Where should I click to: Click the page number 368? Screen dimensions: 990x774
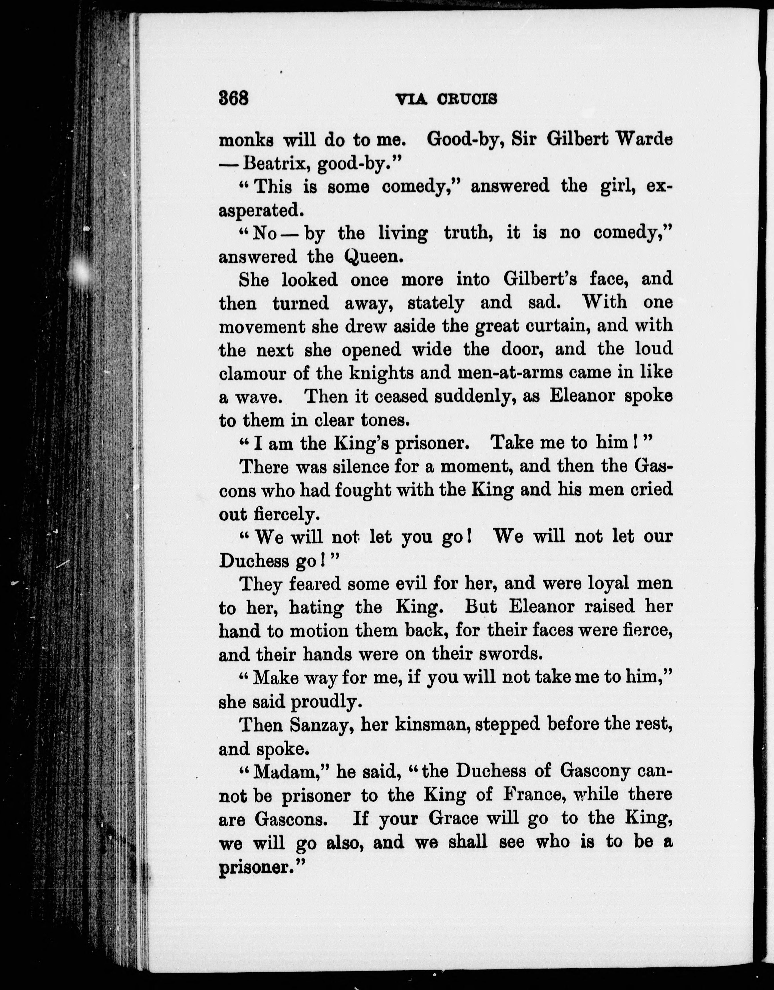click(x=234, y=98)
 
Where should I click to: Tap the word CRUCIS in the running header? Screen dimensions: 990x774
click(x=467, y=99)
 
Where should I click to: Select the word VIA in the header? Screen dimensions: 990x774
click(x=411, y=99)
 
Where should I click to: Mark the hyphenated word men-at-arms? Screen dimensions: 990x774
click(x=491, y=373)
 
